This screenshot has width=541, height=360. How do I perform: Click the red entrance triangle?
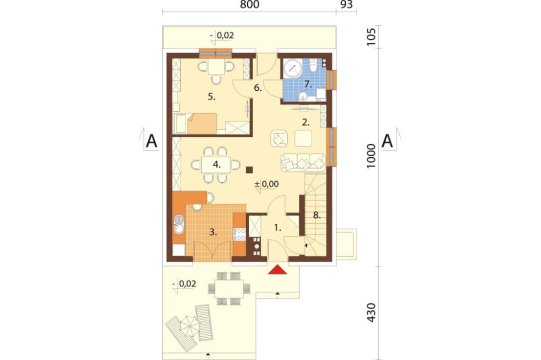[x=278, y=270]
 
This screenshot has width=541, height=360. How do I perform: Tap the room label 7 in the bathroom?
[x=308, y=84]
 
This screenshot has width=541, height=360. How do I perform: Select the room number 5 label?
[x=212, y=97]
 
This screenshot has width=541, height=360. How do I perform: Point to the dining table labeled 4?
[x=216, y=165]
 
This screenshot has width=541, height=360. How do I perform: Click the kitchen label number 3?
[x=213, y=232]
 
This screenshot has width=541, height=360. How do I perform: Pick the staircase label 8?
[x=316, y=216]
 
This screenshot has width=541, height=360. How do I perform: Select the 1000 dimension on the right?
[x=371, y=156]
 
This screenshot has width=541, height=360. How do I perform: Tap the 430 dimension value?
[x=371, y=312]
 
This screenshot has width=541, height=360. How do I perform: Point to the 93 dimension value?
[x=346, y=4]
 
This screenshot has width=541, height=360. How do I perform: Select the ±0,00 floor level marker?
[x=266, y=184]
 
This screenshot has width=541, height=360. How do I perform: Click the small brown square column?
[x=249, y=169]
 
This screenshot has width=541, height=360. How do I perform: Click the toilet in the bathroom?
[x=313, y=65]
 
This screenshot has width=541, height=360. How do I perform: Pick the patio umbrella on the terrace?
[x=189, y=325]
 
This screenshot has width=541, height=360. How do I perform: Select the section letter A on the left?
[x=151, y=141]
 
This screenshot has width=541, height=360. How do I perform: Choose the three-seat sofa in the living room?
[x=304, y=162]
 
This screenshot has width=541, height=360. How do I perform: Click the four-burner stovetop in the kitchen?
[x=240, y=235]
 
